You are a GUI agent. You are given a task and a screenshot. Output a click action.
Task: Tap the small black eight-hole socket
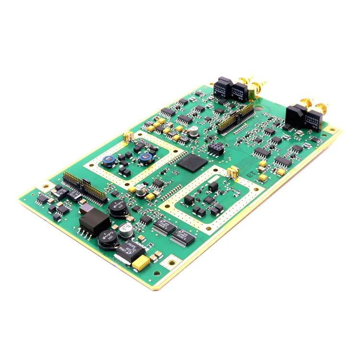click(215, 147)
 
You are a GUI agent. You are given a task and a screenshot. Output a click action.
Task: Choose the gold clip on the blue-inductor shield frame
click(128, 136)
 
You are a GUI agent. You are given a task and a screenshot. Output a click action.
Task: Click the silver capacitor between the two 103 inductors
click(126, 229)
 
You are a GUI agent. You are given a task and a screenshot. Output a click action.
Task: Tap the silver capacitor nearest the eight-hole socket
click(193, 131)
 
